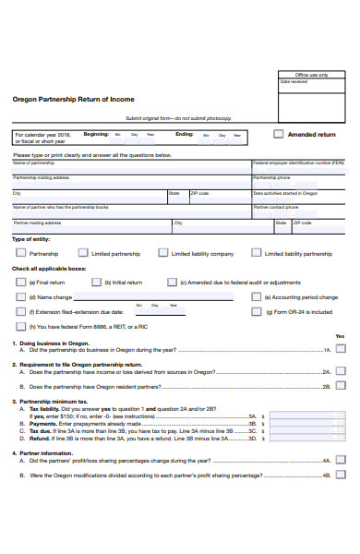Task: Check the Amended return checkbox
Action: pos(279,134)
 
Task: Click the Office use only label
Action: pos(311,74)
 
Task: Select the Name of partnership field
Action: pos(130,167)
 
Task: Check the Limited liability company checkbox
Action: pos(162,252)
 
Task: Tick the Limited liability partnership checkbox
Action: pos(256,252)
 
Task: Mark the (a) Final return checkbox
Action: pos(20,282)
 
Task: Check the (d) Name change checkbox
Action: pos(20,297)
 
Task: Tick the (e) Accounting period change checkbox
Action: pos(256,297)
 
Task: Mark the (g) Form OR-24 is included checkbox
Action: pos(256,312)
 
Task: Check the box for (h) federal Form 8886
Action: pos(20,327)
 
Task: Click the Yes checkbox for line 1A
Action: pos(341,349)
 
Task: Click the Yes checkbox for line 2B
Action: pos(341,384)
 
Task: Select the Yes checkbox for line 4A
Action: pos(341,459)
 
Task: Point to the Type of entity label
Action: pos(30,239)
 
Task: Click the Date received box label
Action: pos(293,81)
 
